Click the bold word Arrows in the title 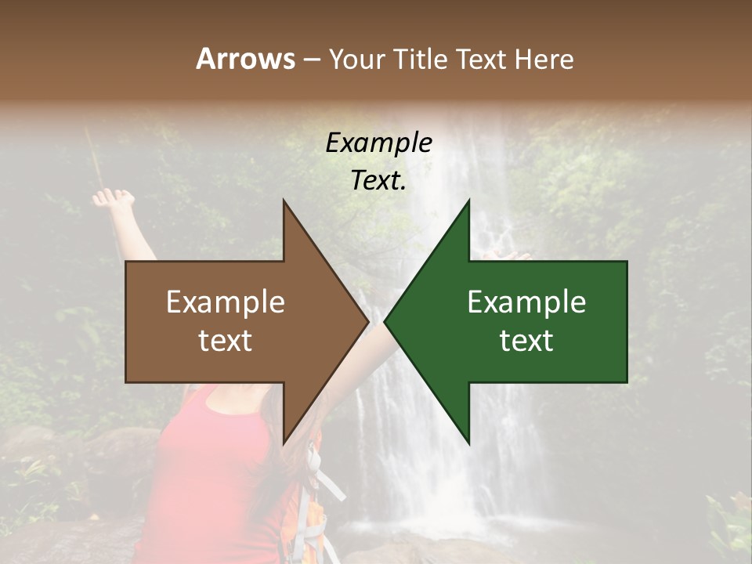[x=245, y=59]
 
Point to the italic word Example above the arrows [x=378, y=143]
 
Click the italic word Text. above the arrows [x=378, y=180]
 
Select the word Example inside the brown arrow [x=226, y=302]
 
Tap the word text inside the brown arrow [x=226, y=341]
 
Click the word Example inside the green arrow [x=526, y=302]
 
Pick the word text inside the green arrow [x=526, y=341]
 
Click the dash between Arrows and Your [x=311, y=60]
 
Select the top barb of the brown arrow [x=286, y=208]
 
